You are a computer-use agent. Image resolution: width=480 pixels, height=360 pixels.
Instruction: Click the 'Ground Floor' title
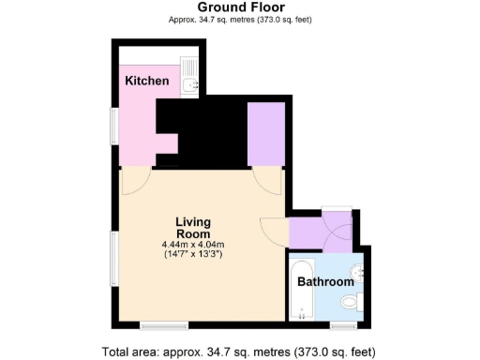[239, 7]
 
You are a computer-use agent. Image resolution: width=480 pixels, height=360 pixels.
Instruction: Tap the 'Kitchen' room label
[147, 82]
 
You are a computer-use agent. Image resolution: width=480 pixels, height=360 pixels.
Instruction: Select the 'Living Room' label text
[193, 228]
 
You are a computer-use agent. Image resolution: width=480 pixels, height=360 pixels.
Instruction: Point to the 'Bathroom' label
[325, 281]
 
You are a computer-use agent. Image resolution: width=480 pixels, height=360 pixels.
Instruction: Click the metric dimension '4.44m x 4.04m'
[193, 245]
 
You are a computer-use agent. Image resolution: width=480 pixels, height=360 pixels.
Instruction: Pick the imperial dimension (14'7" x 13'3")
[193, 254]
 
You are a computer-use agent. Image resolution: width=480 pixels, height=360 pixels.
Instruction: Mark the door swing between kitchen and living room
[135, 180]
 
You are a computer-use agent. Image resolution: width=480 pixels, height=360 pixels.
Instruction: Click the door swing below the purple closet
[268, 180]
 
